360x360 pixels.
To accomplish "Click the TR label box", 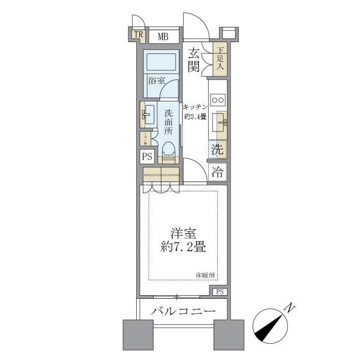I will [x=139, y=35].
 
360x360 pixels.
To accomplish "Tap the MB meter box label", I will [x=163, y=37].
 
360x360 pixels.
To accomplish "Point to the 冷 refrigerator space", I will [x=218, y=172].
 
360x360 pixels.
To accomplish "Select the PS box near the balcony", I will [x=220, y=292].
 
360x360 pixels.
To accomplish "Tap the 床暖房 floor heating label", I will [x=204, y=275].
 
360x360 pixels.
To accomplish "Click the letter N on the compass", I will [x=290, y=308].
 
